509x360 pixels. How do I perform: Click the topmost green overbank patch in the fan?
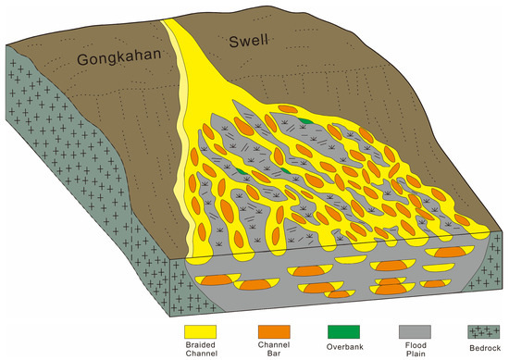305,120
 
